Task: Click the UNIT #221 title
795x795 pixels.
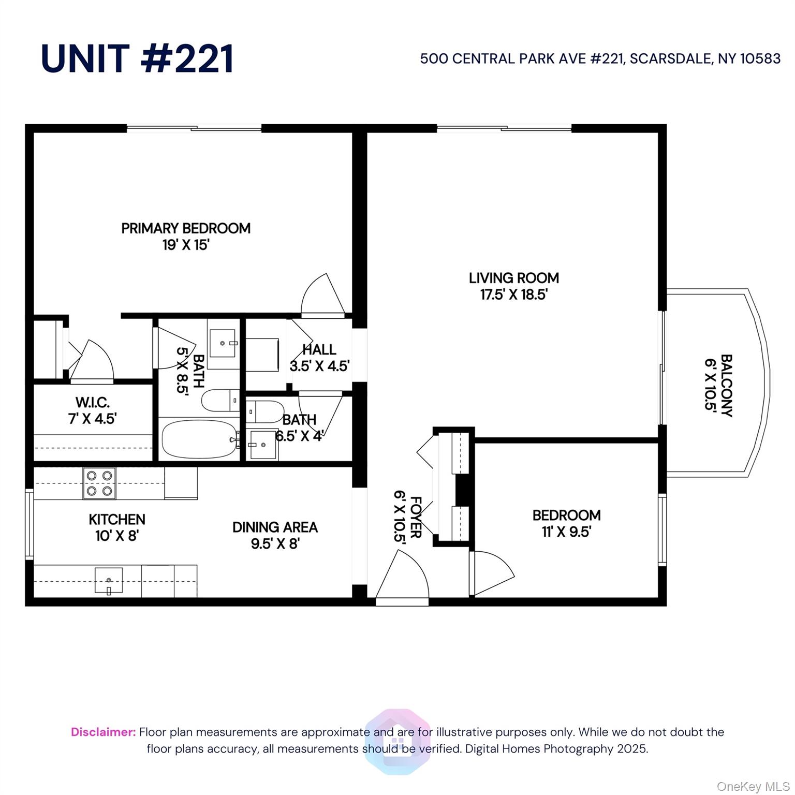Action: point(137,58)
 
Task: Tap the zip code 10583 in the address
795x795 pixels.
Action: point(760,58)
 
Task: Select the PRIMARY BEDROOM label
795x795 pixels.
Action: point(186,228)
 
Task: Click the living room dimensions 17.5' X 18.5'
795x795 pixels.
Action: point(513,295)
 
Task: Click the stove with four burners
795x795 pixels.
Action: point(99,483)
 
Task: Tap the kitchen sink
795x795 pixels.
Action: point(109,580)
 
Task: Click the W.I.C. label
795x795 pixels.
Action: point(93,402)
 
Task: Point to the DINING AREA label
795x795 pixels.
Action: point(275,527)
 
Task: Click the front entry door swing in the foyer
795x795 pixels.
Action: point(403,577)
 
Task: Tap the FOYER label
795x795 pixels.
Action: point(416,517)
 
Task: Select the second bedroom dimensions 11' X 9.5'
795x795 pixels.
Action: point(566,532)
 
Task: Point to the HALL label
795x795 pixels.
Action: point(319,349)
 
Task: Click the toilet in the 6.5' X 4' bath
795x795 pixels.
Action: point(265,412)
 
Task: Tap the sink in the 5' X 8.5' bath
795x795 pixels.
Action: point(224,343)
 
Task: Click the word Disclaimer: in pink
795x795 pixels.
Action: point(103,732)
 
